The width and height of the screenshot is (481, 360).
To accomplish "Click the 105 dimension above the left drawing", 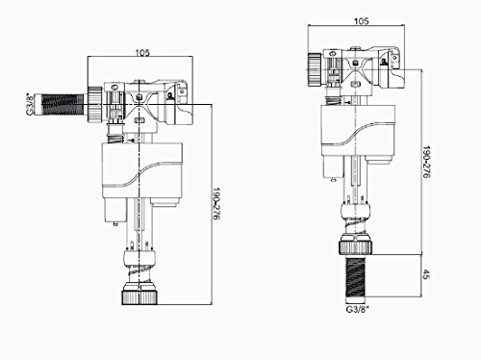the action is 142,53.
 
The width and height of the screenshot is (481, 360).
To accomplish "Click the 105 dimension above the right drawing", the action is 362,21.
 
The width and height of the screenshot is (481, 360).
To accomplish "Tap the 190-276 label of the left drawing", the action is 216,204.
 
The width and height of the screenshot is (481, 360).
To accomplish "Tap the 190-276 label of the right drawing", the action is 426,162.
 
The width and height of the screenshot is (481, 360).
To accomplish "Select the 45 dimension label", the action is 426,274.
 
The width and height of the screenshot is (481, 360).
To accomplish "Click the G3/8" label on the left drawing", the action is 30,104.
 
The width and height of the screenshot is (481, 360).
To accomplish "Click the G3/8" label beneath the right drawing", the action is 357,310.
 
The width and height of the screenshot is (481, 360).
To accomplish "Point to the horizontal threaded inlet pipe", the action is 61,104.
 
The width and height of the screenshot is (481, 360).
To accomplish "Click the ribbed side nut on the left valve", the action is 95,104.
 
